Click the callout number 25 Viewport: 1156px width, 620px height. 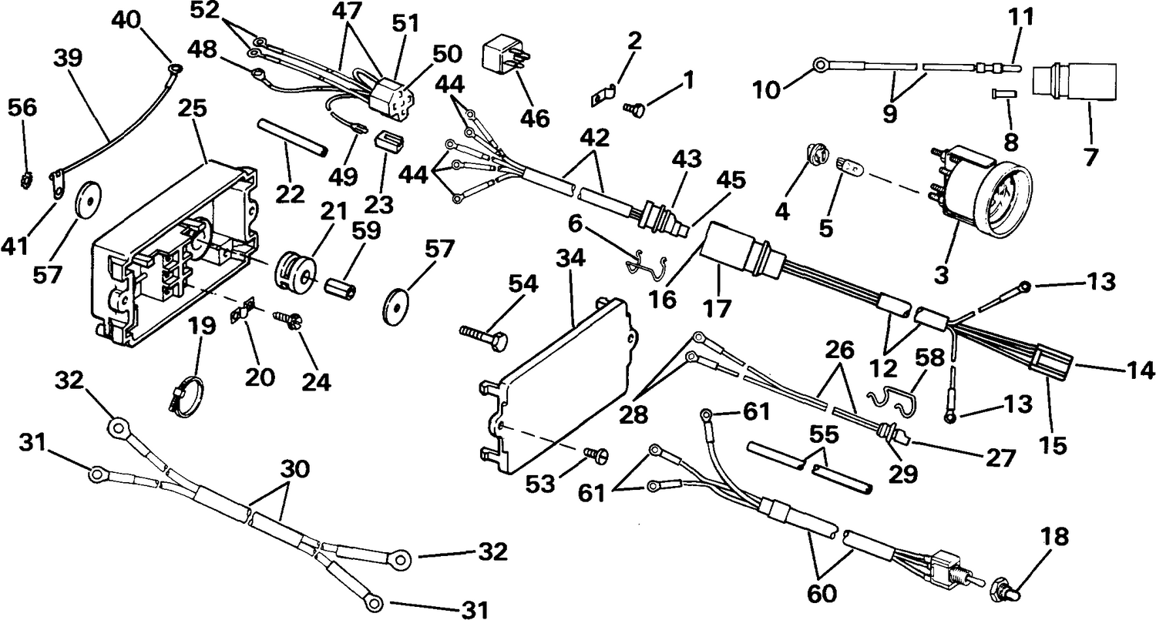coord(193,109)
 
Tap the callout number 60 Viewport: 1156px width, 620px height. coord(821,595)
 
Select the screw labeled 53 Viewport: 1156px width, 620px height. coord(596,455)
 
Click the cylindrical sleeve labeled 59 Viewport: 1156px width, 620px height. coord(341,286)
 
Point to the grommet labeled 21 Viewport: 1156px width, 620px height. coord(294,267)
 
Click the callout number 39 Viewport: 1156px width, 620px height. coord(68,57)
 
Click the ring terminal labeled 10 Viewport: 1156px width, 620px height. coord(820,65)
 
